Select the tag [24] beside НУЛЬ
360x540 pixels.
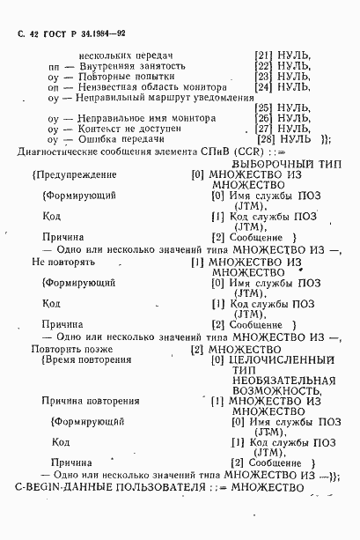click(263, 87)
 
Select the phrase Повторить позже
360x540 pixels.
click(77, 349)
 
